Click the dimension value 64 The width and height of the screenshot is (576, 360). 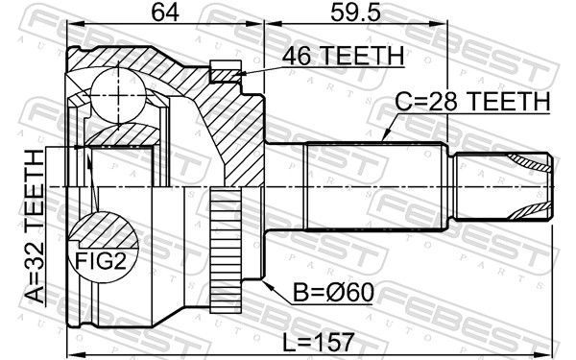(165, 12)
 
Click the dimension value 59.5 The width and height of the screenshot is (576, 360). (355, 12)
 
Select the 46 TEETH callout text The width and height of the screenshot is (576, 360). (343, 56)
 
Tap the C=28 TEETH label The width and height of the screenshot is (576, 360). (472, 101)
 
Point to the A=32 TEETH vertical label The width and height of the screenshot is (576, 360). (36, 227)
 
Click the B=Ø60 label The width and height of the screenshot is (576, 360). (333, 293)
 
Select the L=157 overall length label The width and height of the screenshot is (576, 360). (319, 343)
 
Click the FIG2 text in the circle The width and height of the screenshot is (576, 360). (100, 261)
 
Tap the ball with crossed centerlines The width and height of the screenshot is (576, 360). (118, 95)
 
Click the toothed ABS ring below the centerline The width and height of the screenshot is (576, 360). (226, 251)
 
